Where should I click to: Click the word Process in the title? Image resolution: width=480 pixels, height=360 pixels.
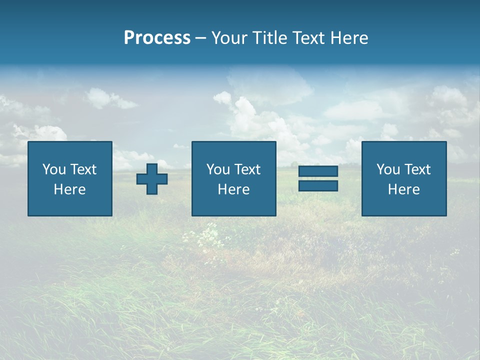tap(157, 38)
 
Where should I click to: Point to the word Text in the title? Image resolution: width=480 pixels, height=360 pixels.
tap(309, 38)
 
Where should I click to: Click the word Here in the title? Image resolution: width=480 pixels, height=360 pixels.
tap(349, 38)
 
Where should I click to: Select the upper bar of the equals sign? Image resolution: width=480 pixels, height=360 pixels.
tap(318, 171)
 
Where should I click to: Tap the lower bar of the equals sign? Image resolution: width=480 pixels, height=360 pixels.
tap(318, 186)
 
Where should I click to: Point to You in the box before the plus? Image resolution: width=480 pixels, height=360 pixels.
tap(53, 169)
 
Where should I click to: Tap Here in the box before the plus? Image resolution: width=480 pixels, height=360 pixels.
tap(70, 189)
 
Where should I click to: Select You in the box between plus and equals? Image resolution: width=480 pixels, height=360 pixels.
tap(217, 169)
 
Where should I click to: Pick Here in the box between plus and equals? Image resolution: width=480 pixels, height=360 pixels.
tap(234, 189)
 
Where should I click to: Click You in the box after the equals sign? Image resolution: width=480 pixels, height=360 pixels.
tap(387, 169)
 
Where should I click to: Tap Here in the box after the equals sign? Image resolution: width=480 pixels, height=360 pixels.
tap(404, 189)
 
